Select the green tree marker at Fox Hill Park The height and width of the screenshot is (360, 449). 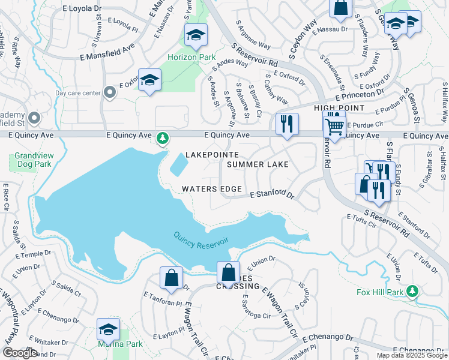412,292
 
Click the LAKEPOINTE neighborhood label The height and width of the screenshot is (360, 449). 208,155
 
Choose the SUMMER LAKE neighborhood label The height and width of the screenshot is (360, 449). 258,164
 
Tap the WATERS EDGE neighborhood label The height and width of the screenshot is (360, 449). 212,189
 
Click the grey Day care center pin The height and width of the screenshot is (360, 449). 109,92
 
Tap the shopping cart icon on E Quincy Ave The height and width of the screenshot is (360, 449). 334,125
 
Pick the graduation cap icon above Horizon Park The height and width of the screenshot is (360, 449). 196,36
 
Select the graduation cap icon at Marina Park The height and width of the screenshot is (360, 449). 108,329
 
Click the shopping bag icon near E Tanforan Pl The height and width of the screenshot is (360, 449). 171,278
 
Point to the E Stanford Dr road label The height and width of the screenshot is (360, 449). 272,195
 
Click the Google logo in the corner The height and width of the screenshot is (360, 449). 20,353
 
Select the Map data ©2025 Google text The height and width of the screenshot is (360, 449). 411,355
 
